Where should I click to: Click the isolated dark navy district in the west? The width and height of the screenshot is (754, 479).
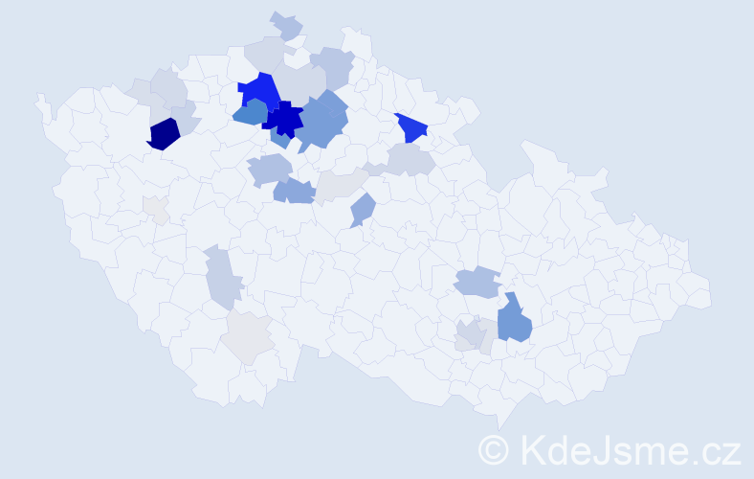164,133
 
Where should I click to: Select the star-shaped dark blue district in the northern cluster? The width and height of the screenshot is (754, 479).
283,120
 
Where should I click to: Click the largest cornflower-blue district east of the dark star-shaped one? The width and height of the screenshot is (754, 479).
323,122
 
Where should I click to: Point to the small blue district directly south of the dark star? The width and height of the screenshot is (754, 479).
279,140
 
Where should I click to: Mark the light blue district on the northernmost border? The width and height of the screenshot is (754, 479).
286,25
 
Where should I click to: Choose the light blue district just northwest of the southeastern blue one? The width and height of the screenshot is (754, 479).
477,282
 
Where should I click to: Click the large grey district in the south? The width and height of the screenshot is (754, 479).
249,336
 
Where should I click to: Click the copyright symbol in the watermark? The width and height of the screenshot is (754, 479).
494,448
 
